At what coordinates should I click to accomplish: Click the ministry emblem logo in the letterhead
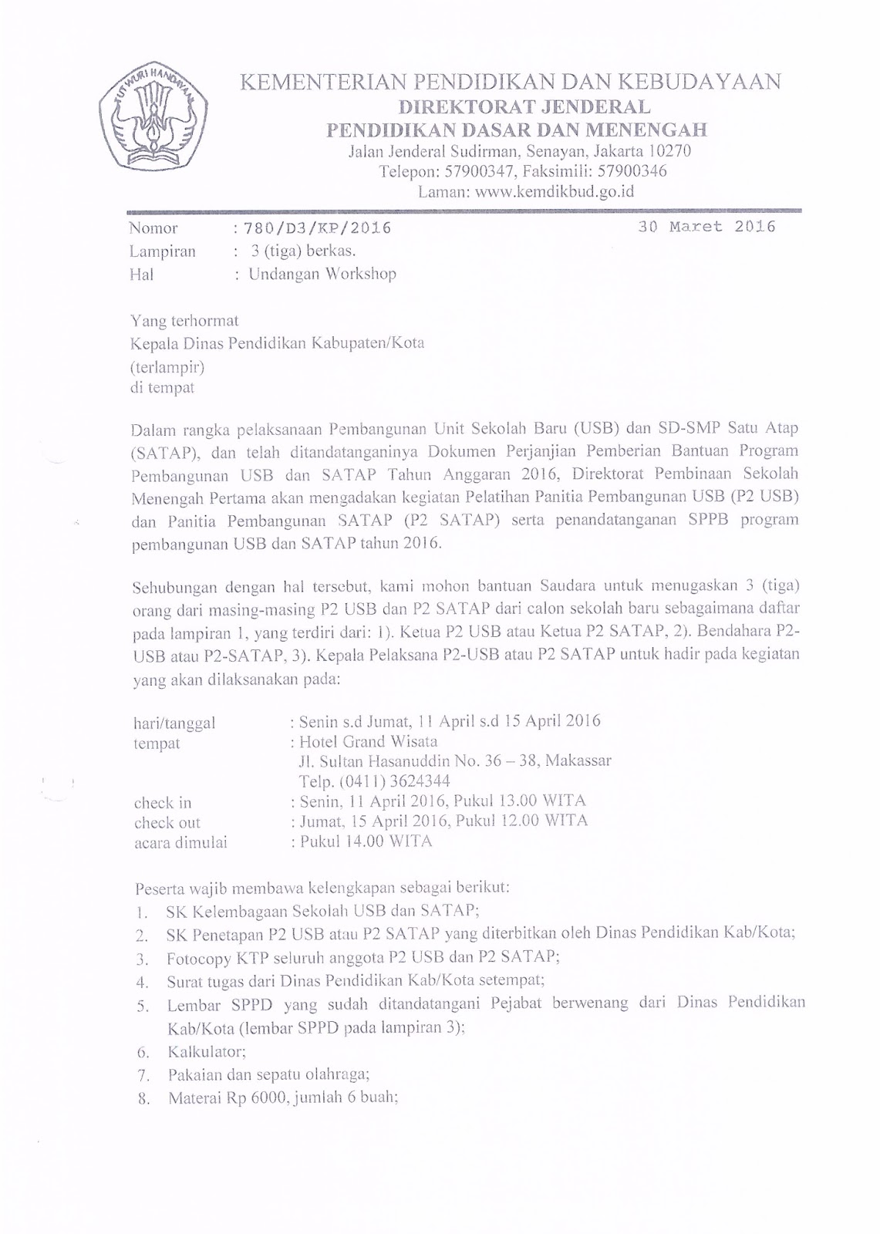[x=153, y=116]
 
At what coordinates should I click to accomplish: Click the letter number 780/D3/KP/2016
[x=317, y=228]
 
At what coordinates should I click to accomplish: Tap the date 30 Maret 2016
[x=706, y=227]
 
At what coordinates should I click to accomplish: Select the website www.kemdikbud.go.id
[x=555, y=192]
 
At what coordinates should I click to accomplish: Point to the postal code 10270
[x=669, y=151]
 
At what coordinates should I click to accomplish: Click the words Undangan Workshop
[x=322, y=274]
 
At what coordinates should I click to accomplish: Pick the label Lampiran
[x=162, y=251]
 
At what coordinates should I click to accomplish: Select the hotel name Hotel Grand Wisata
[x=368, y=742]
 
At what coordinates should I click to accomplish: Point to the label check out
[x=167, y=822]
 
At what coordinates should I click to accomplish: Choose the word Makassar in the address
[x=578, y=761]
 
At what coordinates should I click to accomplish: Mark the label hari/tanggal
[x=174, y=723]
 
